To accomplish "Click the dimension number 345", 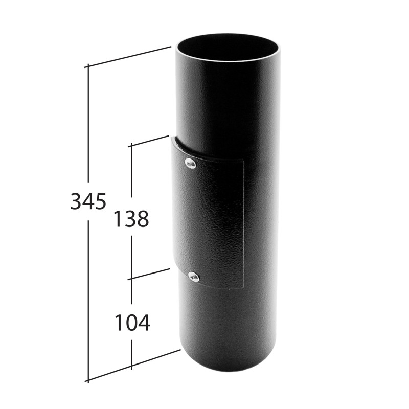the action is coord(88,201).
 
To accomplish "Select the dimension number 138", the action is coord(131,219).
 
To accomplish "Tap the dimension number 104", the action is coord(132,323).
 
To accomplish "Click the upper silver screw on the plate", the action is coord(190,163).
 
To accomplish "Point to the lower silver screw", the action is coord(194,276).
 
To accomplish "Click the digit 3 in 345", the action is coord(76,201).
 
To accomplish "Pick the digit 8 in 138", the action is coord(143,219).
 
